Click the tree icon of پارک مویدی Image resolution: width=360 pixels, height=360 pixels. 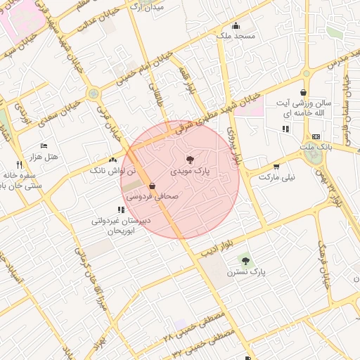pyautogui.click(x=190, y=160)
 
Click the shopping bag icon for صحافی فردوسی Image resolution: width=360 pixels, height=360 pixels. pyautogui.click(x=152, y=186)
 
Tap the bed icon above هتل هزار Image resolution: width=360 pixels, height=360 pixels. pyautogui.click(x=45, y=146)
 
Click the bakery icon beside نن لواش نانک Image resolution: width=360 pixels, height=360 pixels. pyautogui.click(x=112, y=160)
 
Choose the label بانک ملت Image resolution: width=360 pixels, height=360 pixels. pyautogui.click(x=315, y=146)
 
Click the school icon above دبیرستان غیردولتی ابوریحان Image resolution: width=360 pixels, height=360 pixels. pyautogui.click(x=112, y=210)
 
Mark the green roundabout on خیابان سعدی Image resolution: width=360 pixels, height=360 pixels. pyautogui.click(x=93, y=94)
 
